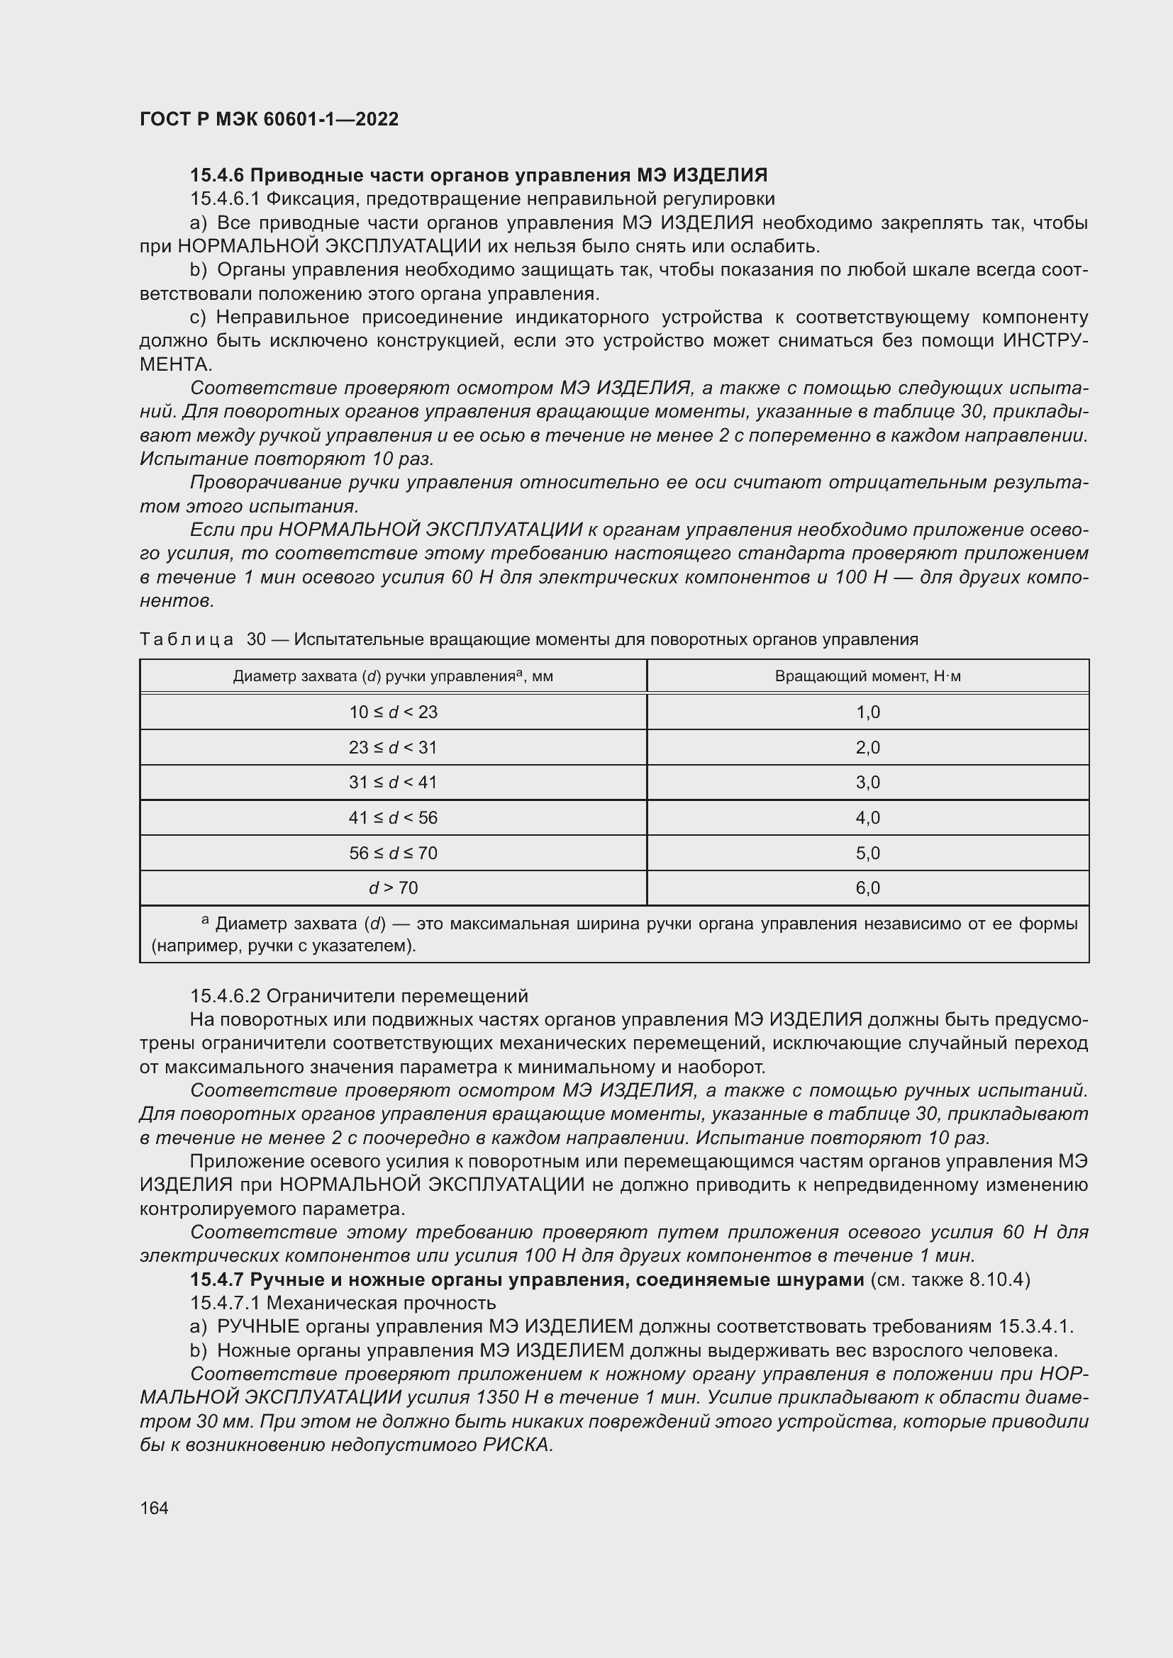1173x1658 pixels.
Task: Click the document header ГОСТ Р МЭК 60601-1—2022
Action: [269, 119]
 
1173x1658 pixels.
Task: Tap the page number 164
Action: [154, 1508]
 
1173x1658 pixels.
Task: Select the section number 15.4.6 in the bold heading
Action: [218, 175]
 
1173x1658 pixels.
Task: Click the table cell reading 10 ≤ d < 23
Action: [393, 712]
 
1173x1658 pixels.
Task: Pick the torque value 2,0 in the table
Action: [867, 747]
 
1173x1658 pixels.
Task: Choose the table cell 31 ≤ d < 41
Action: [393, 782]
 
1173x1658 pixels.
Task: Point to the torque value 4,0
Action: [867, 817]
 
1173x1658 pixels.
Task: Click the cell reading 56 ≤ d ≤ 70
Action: [393, 853]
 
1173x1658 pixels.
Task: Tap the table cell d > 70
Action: [393, 887]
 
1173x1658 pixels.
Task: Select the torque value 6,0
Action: [867, 887]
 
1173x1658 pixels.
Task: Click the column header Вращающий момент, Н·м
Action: [867, 677]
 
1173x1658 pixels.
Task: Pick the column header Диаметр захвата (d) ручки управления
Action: [393, 677]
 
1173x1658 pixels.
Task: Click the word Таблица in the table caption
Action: [187, 639]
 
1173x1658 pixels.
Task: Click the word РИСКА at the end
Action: [517, 1445]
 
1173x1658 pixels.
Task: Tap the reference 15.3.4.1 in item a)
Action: [1035, 1327]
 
